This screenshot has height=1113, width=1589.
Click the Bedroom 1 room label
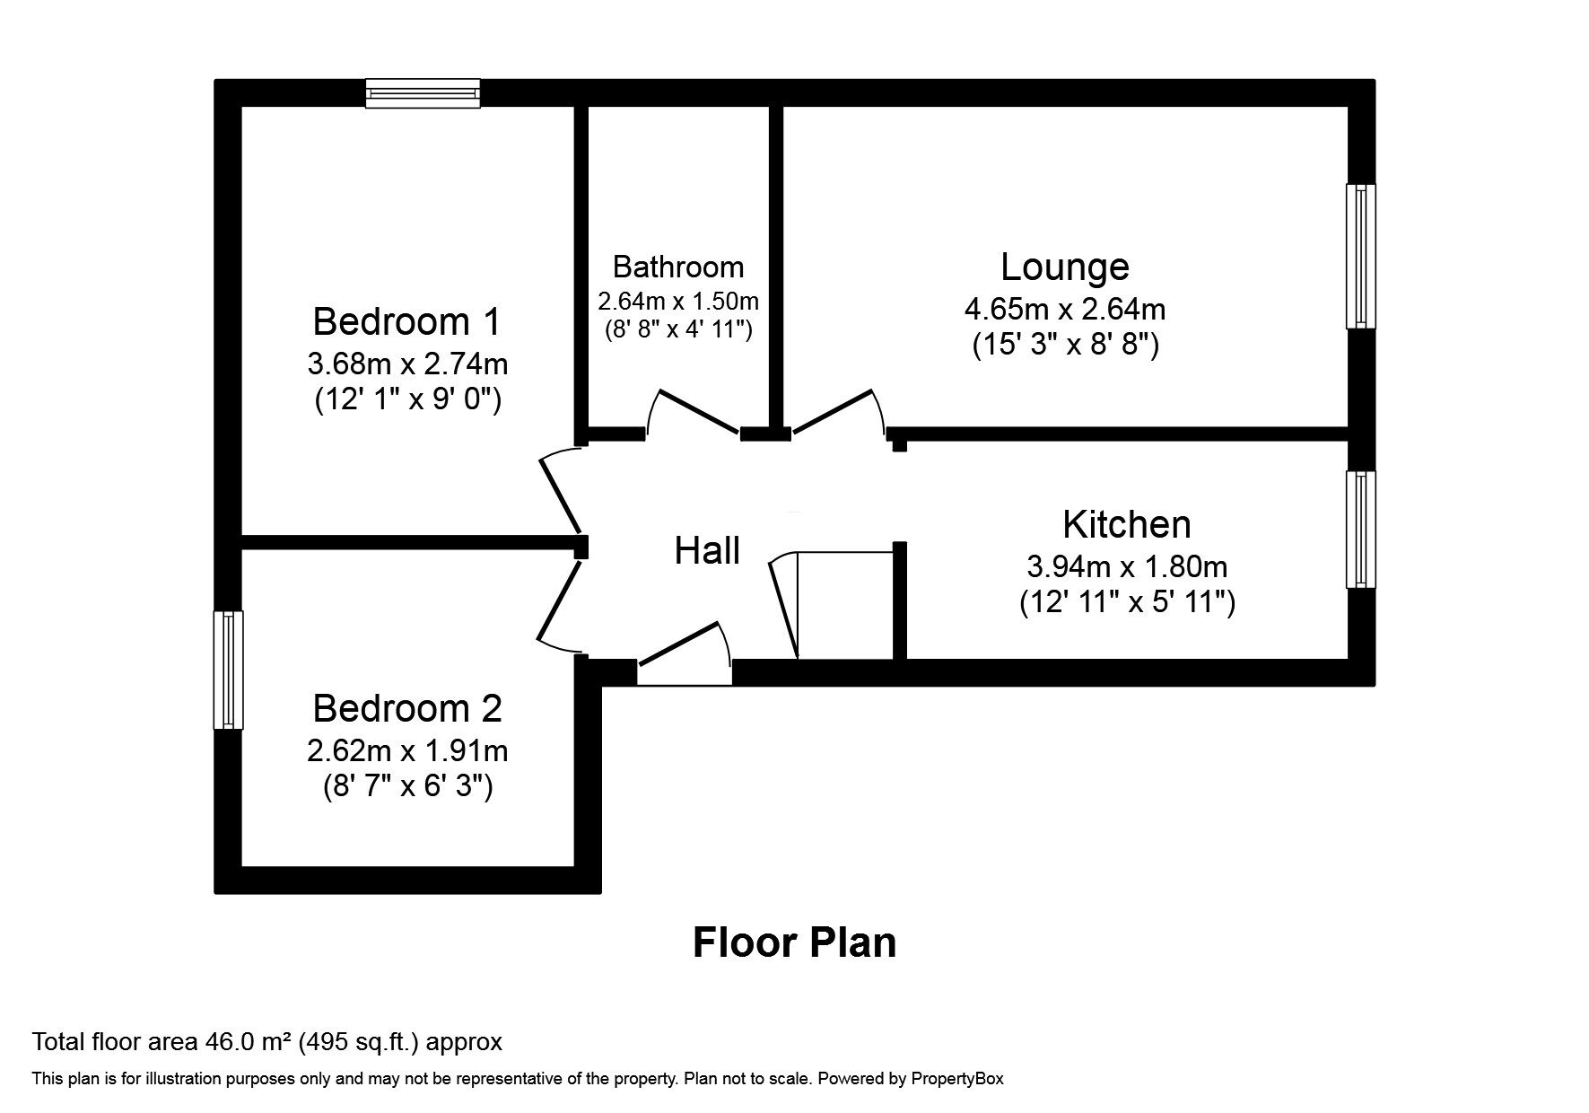[x=406, y=321]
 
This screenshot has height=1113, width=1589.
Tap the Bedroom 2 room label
[x=406, y=709]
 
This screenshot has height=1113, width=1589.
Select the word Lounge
[x=1064, y=267]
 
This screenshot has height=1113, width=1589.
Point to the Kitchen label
[x=1126, y=524]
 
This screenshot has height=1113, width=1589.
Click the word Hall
[x=707, y=550]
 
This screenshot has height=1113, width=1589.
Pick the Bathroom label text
[x=677, y=267]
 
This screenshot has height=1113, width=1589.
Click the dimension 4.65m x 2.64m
[x=1064, y=310]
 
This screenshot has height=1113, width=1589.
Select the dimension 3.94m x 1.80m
[x=1126, y=566]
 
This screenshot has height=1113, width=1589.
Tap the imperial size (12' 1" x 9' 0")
[x=406, y=399]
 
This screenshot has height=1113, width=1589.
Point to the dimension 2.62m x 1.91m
[x=406, y=749]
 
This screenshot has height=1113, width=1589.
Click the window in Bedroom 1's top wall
[x=423, y=93]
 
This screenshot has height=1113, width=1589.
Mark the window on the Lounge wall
[x=1360, y=256]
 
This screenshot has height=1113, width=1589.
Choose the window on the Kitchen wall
[x=1360, y=530]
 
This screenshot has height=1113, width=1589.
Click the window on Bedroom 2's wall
[x=228, y=670]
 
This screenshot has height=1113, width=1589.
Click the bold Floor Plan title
[x=794, y=942]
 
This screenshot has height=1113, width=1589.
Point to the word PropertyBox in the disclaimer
[x=956, y=1079]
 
